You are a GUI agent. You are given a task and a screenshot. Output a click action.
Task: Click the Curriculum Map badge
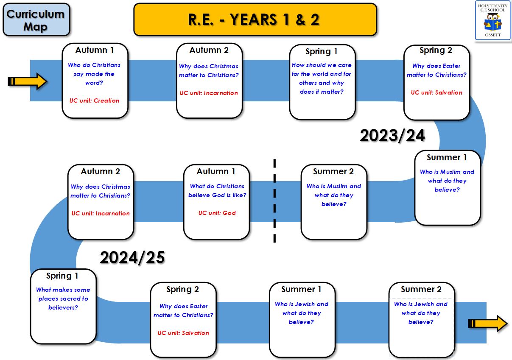[x=36, y=20]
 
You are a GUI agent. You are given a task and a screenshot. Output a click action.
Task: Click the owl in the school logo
[x=492, y=22]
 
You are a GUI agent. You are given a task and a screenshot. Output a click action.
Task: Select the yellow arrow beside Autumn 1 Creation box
[x=28, y=81]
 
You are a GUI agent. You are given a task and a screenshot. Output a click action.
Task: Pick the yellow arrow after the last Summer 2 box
[x=488, y=324]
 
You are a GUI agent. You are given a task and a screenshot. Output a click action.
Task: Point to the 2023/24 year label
[x=392, y=136]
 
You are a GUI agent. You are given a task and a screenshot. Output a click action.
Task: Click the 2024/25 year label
[x=132, y=258]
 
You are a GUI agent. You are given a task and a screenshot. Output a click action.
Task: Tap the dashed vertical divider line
[x=274, y=201]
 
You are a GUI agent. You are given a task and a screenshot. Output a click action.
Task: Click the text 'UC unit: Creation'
[x=94, y=100]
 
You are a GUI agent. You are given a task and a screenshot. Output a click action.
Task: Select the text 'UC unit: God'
[x=217, y=213]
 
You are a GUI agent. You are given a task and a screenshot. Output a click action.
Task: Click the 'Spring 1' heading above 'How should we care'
[x=322, y=52]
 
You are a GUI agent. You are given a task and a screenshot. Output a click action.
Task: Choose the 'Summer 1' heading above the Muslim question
[x=447, y=157]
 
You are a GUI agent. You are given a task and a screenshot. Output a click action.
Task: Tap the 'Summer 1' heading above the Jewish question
[x=301, y=289]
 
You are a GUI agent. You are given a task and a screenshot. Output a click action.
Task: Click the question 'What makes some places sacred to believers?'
[x=63, y=299]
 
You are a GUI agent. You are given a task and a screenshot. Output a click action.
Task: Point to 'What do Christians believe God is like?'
[x=217, y=191]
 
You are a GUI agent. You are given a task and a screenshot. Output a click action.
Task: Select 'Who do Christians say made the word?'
[x=94, y=74]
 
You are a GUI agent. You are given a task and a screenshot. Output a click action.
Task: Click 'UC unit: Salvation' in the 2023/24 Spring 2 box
[x=436, y=92]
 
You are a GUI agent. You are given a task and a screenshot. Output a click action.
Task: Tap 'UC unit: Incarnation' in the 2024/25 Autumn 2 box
[x=101, y=213]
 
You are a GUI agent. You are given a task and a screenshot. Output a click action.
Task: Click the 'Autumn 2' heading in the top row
[x=209, y=50]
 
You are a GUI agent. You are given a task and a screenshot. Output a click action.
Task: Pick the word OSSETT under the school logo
[x=493, y=35]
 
